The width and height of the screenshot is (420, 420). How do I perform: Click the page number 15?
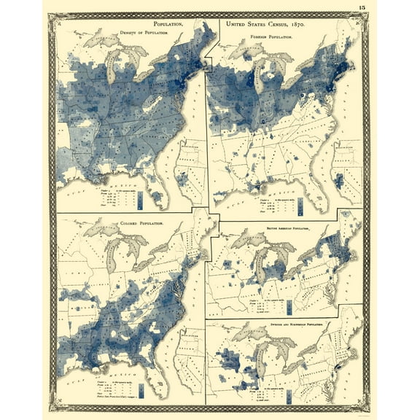tap(362, 8)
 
